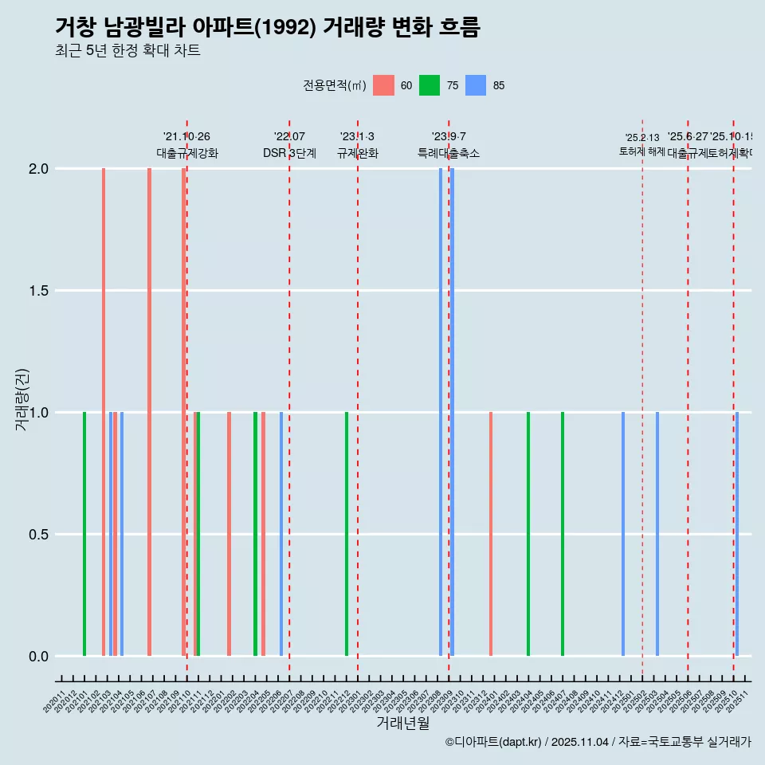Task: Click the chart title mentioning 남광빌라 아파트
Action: tap(268, 27)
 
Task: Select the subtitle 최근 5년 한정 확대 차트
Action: tap(127, 51)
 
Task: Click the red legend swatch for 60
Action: tap(383, 85)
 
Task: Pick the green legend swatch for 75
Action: tap(430, 85)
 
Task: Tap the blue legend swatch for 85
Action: tap(476, 85)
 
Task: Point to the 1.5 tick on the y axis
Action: tap(37, 291)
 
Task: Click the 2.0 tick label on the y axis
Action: tap(37, 169)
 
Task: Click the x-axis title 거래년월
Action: tap(403, 724)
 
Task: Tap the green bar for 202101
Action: tap(84, 534)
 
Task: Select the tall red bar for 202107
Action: tap(149, 412)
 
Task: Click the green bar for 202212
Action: tap(347, 534)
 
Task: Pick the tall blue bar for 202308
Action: tap(441, 412)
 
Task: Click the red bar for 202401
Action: tap(491, 534)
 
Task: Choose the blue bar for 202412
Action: tap(623, 534)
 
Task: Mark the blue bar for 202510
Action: tap(737, 534)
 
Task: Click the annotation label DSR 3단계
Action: tap(289, 154)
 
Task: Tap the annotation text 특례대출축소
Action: tap(449, 154)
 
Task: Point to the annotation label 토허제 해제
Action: tap(641, 151)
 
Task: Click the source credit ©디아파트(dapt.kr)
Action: tap(494, 742)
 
